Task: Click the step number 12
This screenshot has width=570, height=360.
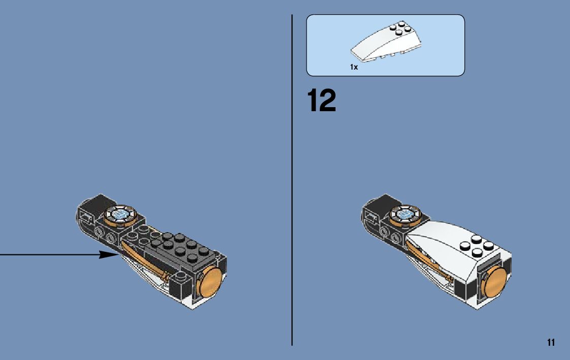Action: pos(321,101)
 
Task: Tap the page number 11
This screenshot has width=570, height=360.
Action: pos(551,342)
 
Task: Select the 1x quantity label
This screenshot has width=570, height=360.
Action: pos(354,67)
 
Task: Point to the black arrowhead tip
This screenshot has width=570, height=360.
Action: pos(116,254)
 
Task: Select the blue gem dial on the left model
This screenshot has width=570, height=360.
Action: pos(120,215)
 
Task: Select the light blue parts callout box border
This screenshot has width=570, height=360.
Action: pos(307,46)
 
